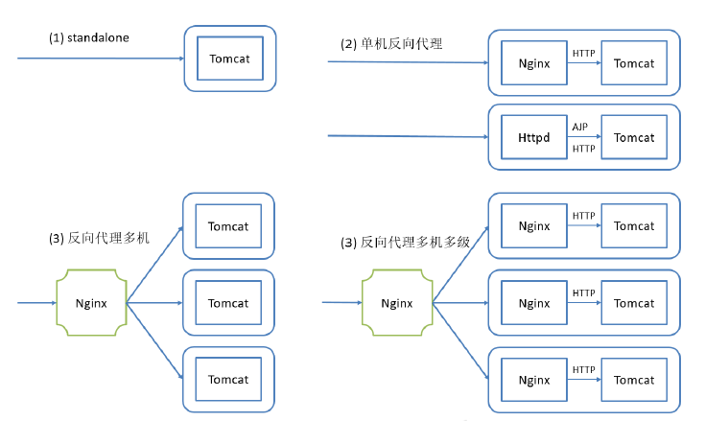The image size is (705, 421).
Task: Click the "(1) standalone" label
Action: click(88, 37)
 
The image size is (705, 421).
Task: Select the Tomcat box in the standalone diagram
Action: click(229, 58)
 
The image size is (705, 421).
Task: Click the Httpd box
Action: click(534, 138)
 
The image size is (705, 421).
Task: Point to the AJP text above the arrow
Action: click(580, 127)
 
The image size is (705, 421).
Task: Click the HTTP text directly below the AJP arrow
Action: click(583, 150)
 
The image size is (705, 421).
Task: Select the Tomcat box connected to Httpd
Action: click(634, 138)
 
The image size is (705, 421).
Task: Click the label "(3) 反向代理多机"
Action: click(99, 238)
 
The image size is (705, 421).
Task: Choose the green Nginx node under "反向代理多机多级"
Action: click(397, 303)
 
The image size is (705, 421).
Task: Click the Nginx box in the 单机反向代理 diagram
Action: click(534, 63)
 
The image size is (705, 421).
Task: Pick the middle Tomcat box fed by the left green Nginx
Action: click(228, 303)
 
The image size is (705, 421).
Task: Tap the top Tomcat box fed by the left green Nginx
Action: click(228, 226)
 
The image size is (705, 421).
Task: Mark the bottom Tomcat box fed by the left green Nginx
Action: click(228, 380)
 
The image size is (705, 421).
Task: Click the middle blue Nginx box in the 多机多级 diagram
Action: click(534, 303)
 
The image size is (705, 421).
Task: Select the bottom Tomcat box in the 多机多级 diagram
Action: click(634, 380)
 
